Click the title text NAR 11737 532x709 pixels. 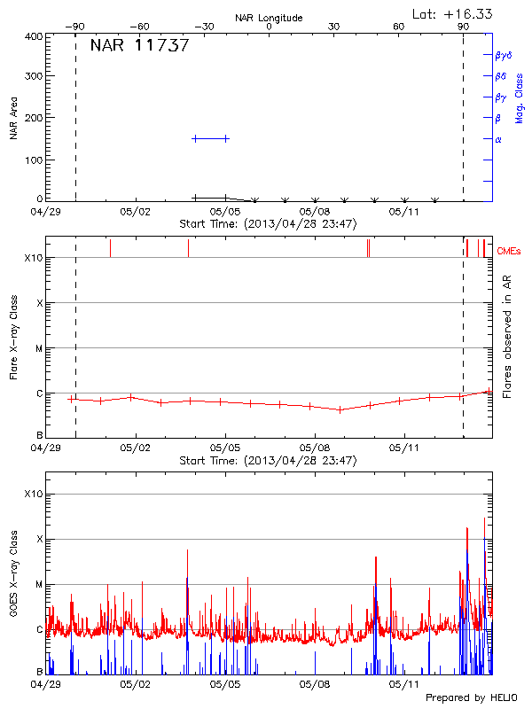click(x=139, y=46)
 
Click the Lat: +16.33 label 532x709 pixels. click(x=454, y=13)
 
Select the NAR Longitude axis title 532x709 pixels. click(x=269, y=18)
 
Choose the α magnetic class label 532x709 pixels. click(x=498, y=140)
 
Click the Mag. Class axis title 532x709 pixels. click(x=520, y=97)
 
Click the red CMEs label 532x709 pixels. click(x=509, y=252)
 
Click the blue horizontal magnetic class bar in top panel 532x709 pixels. click(x=210, y=138)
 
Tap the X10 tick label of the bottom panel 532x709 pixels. click(x=33, y=494)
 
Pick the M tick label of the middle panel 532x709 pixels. click(x=39, y=348)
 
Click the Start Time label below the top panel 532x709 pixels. click(x=269, y=224)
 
